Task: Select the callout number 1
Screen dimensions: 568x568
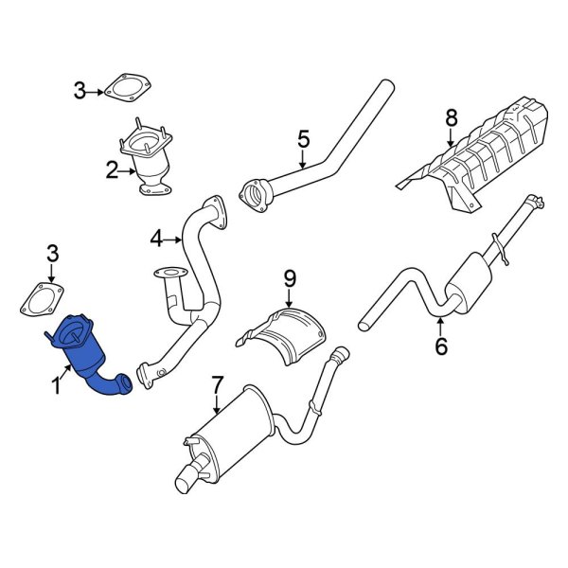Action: click(55, 385)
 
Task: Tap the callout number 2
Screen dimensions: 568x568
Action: click(112, 171)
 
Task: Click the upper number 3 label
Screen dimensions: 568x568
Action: click(80, 91)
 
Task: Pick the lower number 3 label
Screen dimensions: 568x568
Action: click(53, 253)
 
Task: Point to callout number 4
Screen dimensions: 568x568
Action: click(156, 239)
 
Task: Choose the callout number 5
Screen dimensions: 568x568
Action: click(303, 139)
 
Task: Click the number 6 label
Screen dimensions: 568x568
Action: click(440, 347)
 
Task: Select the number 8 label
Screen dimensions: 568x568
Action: click(452, 118)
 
